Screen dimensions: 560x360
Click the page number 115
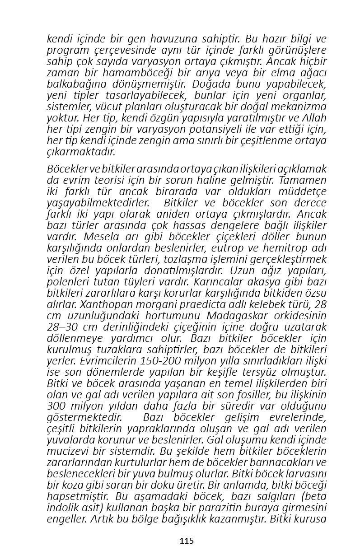(x=187, y=541)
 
